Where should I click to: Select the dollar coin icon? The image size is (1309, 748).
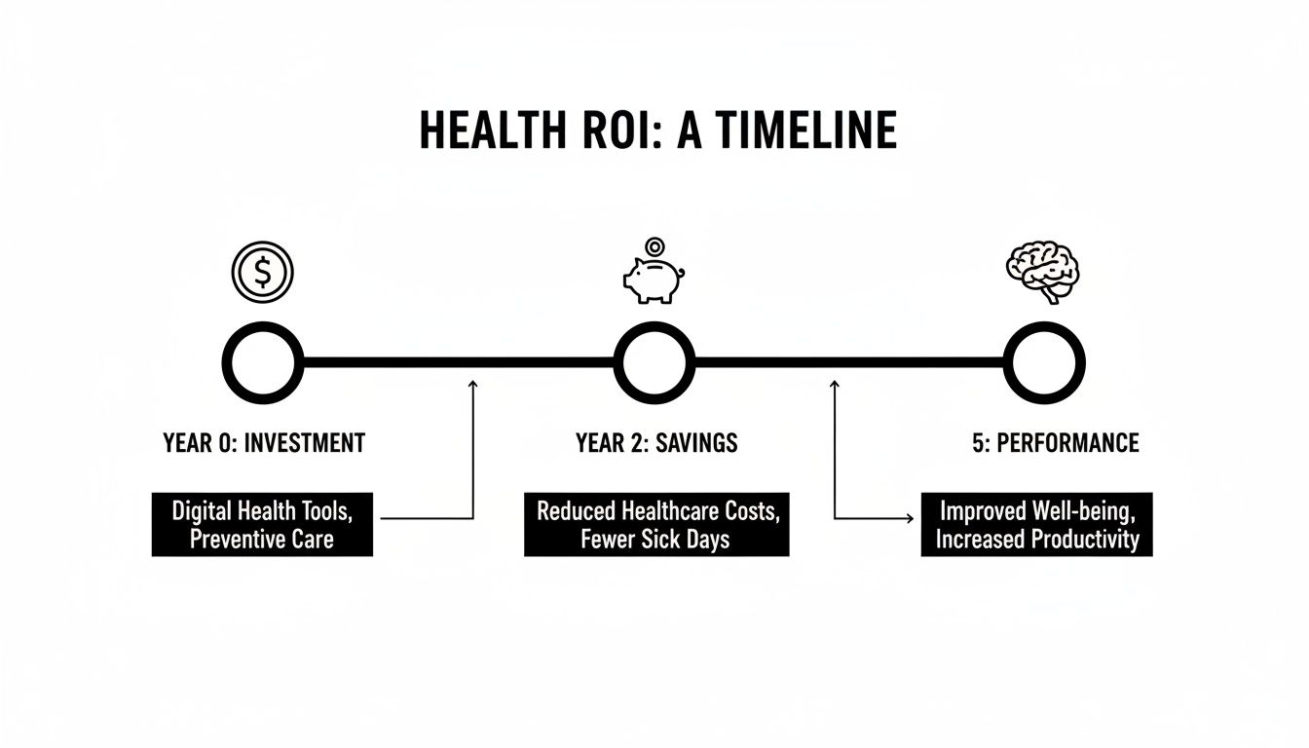click(262, 273)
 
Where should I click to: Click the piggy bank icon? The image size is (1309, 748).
click(652, 280)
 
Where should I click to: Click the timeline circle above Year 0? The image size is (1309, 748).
click(263, 362)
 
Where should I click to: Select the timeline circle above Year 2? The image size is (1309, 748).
click(654, 362)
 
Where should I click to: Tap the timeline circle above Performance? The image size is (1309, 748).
click(1044, 362)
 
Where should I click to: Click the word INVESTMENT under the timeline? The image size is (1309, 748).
click(304, 444)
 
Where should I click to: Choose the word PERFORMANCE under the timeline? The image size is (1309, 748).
click(1066, 444)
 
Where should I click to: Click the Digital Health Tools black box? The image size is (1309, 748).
click(262, 524)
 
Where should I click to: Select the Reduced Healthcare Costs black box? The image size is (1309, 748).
click(656, 524)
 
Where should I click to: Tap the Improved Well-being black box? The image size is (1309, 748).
click(1036, 524)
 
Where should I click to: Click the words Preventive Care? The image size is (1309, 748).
click(262, 539)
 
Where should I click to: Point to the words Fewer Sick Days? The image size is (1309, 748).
click(655, 539)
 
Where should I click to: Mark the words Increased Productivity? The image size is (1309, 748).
click(1036, 539)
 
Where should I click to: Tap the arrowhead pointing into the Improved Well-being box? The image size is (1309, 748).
click(909, 518)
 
